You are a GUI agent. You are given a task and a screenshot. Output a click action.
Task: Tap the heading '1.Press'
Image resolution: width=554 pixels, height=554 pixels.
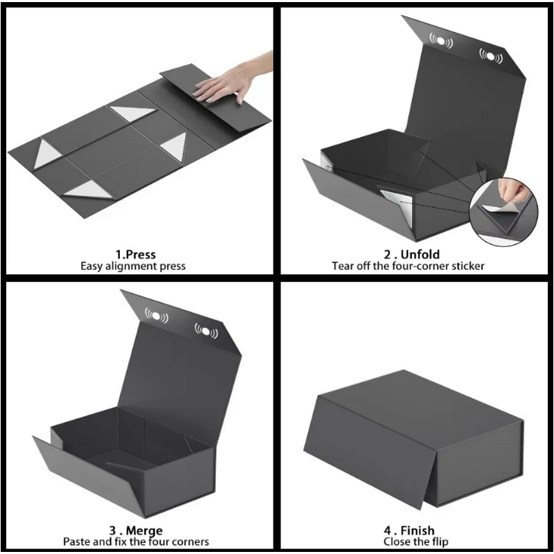[x=136, y=255]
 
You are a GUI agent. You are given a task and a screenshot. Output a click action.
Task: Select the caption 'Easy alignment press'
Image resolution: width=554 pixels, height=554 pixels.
[x=136, y=266]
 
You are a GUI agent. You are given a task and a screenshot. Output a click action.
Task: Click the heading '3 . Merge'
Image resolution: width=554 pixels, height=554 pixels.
[x=136, y=531]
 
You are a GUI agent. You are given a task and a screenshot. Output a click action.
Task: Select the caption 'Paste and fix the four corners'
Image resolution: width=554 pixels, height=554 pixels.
[x=136, y=542]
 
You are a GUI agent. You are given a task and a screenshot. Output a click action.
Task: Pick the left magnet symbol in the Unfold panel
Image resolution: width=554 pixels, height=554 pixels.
[x=441, y=42]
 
